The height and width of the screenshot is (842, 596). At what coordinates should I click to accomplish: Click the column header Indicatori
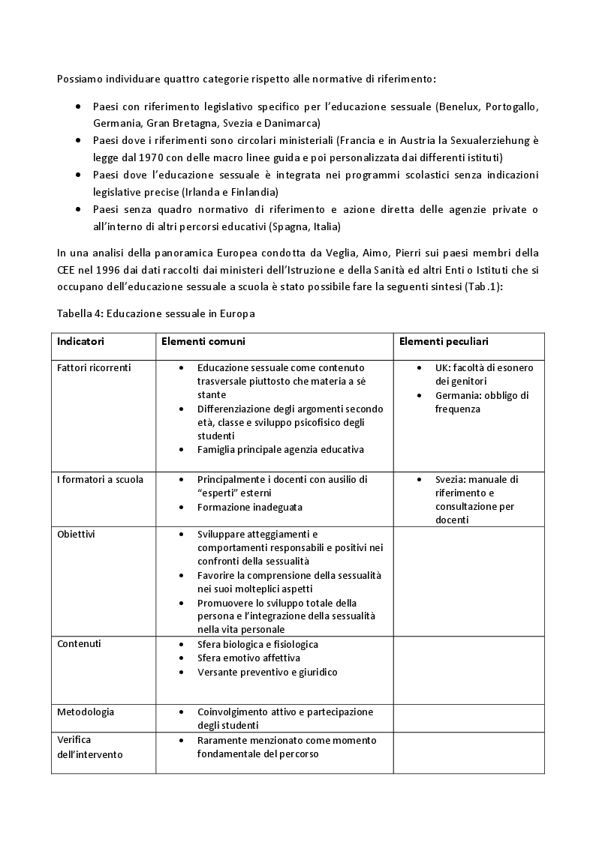click(x=80, y=341)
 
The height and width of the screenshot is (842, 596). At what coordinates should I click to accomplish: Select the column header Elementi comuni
click(x=202, y=341)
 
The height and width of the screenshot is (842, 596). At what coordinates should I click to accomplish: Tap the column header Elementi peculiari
click(x=444, y=341)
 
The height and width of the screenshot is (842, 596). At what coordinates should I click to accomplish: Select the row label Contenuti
click(x=79, y=644)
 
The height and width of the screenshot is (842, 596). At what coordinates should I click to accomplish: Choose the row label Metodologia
click(x=86, y=712)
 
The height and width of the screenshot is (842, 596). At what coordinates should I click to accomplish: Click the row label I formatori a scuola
click(x=100, y=479)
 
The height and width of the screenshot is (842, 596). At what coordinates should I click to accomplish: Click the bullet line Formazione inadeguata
click(x=249, y=507)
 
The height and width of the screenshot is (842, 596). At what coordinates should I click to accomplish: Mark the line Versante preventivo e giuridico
click(x=267, y=672)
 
